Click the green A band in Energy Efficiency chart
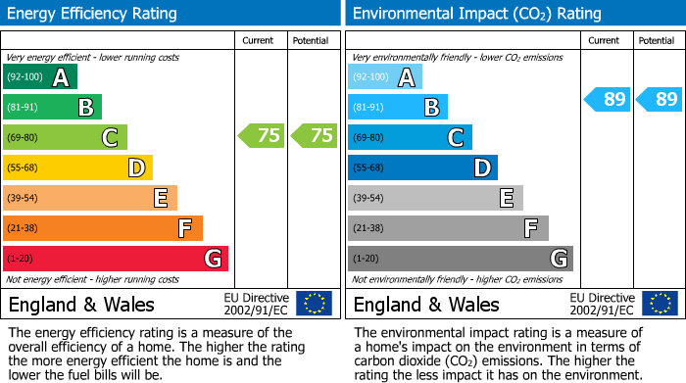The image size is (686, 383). pos(40,77)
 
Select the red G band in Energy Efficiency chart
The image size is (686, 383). pos(116,259)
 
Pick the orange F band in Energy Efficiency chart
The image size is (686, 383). pos(103,228)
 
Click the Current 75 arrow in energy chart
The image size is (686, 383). pos(262,136)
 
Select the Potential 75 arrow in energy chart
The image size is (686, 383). pos(315,136)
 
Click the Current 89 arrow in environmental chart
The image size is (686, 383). pos(608,99)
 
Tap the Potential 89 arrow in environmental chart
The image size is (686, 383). pos(660,99)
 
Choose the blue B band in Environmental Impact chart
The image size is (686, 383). pos(398,107)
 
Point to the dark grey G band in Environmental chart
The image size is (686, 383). pos(461,259)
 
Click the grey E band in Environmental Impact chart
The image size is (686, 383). pos(435,198)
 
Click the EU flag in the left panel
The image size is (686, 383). pos(314,304)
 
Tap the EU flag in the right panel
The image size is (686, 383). pos(660,304)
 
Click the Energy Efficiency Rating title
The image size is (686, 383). pos(93,14)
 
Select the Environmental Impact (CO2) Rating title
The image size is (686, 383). pos(476,14)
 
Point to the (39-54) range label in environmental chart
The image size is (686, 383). pos(369,199)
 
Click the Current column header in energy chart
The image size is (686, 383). pos(260,40)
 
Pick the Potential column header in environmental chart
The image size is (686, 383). pos(657,40)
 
